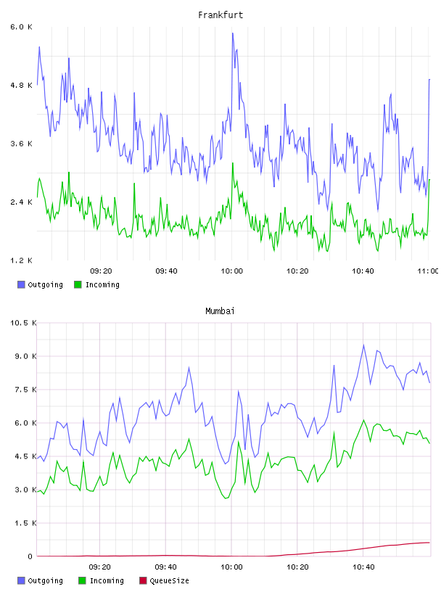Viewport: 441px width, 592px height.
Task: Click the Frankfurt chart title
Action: coord(220,15)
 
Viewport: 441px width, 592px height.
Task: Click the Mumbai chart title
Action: coord(220,311)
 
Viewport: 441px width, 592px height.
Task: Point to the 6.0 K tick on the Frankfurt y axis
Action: coord(21,27)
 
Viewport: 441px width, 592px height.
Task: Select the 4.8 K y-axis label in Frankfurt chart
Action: coord(21,86)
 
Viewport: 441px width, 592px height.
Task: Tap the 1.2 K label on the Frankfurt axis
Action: coord(21,260)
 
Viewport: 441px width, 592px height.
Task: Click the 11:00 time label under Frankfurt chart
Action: coord(428,271)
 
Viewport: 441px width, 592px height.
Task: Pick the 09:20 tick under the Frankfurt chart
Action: coord(101,271)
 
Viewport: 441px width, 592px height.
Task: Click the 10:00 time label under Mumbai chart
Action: coord(231,567)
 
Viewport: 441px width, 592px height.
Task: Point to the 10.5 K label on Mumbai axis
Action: coord(23,323)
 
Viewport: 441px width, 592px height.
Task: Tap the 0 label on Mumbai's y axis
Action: coord(30,556)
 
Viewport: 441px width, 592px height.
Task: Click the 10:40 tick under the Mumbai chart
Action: coord(363,567)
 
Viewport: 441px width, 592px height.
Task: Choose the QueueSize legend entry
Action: coord(164,580)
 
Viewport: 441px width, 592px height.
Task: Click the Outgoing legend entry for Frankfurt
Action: coord(40,284)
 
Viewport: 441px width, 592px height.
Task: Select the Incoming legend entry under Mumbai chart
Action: coord(102,580)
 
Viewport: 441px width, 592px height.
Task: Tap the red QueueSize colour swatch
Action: coord(143,580)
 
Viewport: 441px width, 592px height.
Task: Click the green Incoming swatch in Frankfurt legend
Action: coord(78,284)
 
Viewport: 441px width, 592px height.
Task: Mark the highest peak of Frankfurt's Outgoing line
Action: coord(233,33)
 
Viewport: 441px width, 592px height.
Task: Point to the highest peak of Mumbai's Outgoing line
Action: coord(363,345)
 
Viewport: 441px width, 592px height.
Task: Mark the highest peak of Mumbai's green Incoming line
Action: coord(363,420)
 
